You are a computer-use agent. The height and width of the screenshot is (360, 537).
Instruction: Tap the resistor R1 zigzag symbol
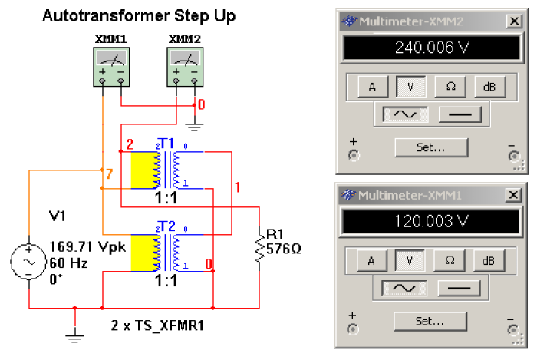pos(260,248)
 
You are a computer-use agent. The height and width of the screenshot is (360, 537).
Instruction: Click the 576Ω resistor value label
pos(283,249)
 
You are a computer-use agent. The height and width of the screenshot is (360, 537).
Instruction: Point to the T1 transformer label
pos(167,144)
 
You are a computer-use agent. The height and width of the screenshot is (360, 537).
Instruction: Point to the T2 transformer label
pos(167,227)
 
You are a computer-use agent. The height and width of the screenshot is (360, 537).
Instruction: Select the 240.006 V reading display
pos(429,48)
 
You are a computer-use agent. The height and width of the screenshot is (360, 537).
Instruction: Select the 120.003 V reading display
pos(429,220)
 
